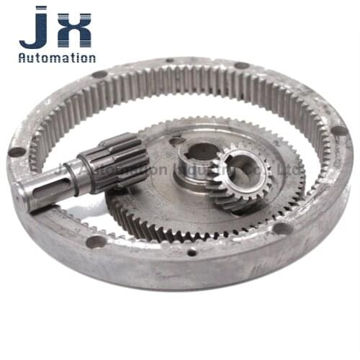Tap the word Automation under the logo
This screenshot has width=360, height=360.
click(57, 58)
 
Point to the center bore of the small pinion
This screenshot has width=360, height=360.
click(238, 170)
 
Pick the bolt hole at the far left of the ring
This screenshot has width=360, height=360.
click(16, 152)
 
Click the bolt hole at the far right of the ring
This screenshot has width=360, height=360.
click(338, 130)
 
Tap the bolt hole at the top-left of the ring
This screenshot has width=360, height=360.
click(99, 73)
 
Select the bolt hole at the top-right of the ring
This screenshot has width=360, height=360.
click(242, 66)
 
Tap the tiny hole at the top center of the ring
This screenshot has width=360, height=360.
click(170, 60)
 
